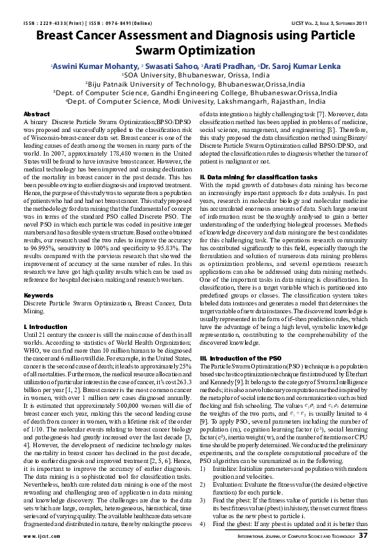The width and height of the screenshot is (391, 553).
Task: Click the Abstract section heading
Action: click(x=37, y=114)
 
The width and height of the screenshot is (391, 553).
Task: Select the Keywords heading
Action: click(x=38, y=296)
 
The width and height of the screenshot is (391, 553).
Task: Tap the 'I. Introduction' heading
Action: click(x=45, y=326)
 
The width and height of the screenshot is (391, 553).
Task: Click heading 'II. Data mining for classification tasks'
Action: click(x=250, y=178)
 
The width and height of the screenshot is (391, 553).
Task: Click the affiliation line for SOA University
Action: click(x=195, y=76)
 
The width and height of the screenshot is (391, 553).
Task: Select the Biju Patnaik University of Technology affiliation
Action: click(x=195, y=84)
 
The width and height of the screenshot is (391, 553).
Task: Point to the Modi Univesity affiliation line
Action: click(x=195, y=102)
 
